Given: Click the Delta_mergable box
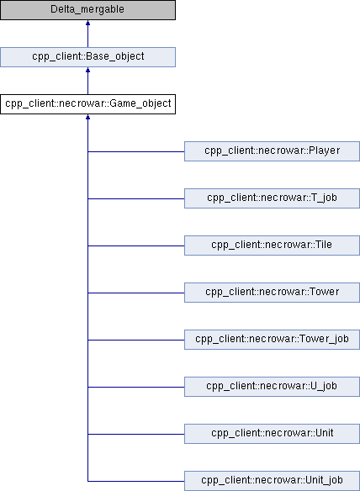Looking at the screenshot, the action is (87, 10).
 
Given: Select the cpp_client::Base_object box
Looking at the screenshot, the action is (87, 57).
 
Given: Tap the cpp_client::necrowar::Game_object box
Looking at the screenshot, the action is (87, 104).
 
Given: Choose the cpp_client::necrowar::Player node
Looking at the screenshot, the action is (272, 151).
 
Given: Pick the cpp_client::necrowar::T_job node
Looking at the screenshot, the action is (272, 198).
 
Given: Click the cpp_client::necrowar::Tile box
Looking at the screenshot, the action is (272, 245).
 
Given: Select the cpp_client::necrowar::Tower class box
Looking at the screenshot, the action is (272, 293).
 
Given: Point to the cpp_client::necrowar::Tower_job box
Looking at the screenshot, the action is (272, 340).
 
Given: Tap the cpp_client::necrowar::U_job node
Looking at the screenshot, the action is (272, 387).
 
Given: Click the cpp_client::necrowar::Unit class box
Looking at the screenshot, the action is (272, 434).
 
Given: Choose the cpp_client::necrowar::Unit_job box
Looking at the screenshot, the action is (272, 481).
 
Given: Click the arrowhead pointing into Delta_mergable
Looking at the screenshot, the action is (87, 23).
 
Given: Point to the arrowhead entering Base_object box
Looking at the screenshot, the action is (87, 70).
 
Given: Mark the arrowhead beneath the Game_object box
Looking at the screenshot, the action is (87, 117).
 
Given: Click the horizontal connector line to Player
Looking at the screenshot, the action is (136, 151).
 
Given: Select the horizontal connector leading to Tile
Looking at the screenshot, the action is (136, 245).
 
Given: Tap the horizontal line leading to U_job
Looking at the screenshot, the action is (136, 387).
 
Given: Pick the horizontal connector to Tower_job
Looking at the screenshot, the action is (136, 340).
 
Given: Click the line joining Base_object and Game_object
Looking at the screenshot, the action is (87, 83).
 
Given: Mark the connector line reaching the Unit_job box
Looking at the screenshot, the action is (136, 481).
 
